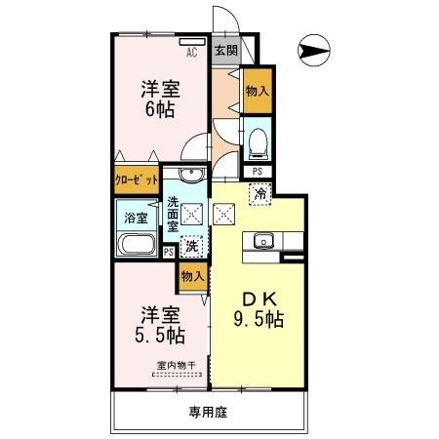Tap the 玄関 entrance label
(x=226, y=51)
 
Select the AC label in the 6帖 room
(x=192, y=54)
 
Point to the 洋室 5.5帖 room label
(x=161, y=326)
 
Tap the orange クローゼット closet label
(x=137, y=180)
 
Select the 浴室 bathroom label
(x=134, y=219)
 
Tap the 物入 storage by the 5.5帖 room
(x=192, y=276)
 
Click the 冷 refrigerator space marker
(x=261, y=193)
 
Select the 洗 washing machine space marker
(x=193, y=246)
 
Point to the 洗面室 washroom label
(x=173, y=214)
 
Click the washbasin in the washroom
(x=189, y=176)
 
